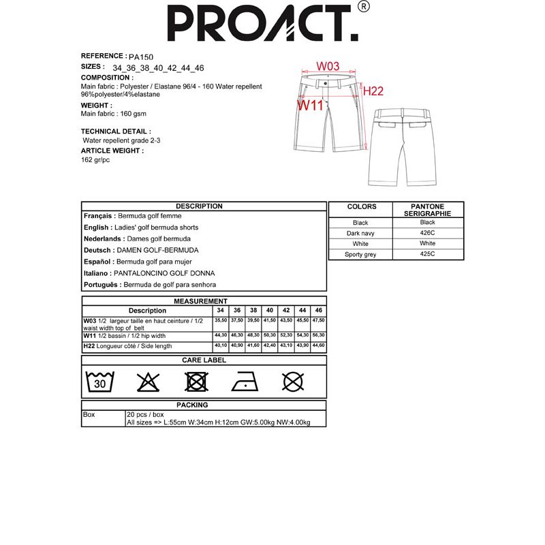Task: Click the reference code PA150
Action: point(140,57)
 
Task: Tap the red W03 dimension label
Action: point(328,66)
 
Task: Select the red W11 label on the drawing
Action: point(310,105)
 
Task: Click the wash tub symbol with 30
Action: point(100,382)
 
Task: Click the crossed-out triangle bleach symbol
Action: point(148,382)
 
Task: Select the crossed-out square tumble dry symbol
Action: point(196,382)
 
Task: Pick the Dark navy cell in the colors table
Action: point(360,234)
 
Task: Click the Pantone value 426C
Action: point(428,234)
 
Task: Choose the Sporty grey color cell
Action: point(360,255)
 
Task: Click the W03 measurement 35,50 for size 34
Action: point(221,320)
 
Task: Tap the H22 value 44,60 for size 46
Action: point(318,346)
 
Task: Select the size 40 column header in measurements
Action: point(270,311)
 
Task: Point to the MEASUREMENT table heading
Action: point(200,301)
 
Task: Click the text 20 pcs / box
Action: point(145,414)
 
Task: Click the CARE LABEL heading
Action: point(204,360)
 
